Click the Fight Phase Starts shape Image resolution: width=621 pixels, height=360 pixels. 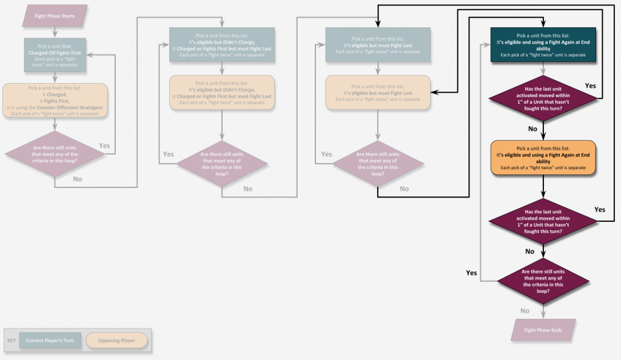(x=55, y=16)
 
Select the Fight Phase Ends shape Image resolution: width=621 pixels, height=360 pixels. (x=543, y=330)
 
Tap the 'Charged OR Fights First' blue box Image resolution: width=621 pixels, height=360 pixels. (x=55, y=55)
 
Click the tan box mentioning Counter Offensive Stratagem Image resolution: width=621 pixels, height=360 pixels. (x=55, y=99)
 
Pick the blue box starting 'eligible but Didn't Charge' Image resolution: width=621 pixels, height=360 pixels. (x=221, y=45)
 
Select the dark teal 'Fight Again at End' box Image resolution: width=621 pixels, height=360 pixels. (x=543, y=45)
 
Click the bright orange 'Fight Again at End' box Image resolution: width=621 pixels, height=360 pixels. (x=543, y=158)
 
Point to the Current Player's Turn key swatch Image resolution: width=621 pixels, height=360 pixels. (x=50, y=341)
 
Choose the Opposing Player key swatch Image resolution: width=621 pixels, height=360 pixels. (x=116, y=341)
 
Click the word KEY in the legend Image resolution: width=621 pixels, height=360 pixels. (x=12, y=341)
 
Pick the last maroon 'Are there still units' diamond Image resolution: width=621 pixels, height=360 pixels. (x=543, y=281)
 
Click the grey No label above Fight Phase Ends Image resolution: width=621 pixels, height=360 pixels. (x=525, y=311)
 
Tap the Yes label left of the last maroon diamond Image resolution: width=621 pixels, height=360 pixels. (x=471, y=273)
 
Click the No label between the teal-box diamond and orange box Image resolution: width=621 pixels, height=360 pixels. (x=532, y=129)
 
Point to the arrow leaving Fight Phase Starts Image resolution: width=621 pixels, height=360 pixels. (x=55, y=32)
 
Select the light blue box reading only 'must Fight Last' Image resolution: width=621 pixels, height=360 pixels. (x=378, y=45)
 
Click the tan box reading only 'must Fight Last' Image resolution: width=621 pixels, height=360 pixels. (x=378, y=92)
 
